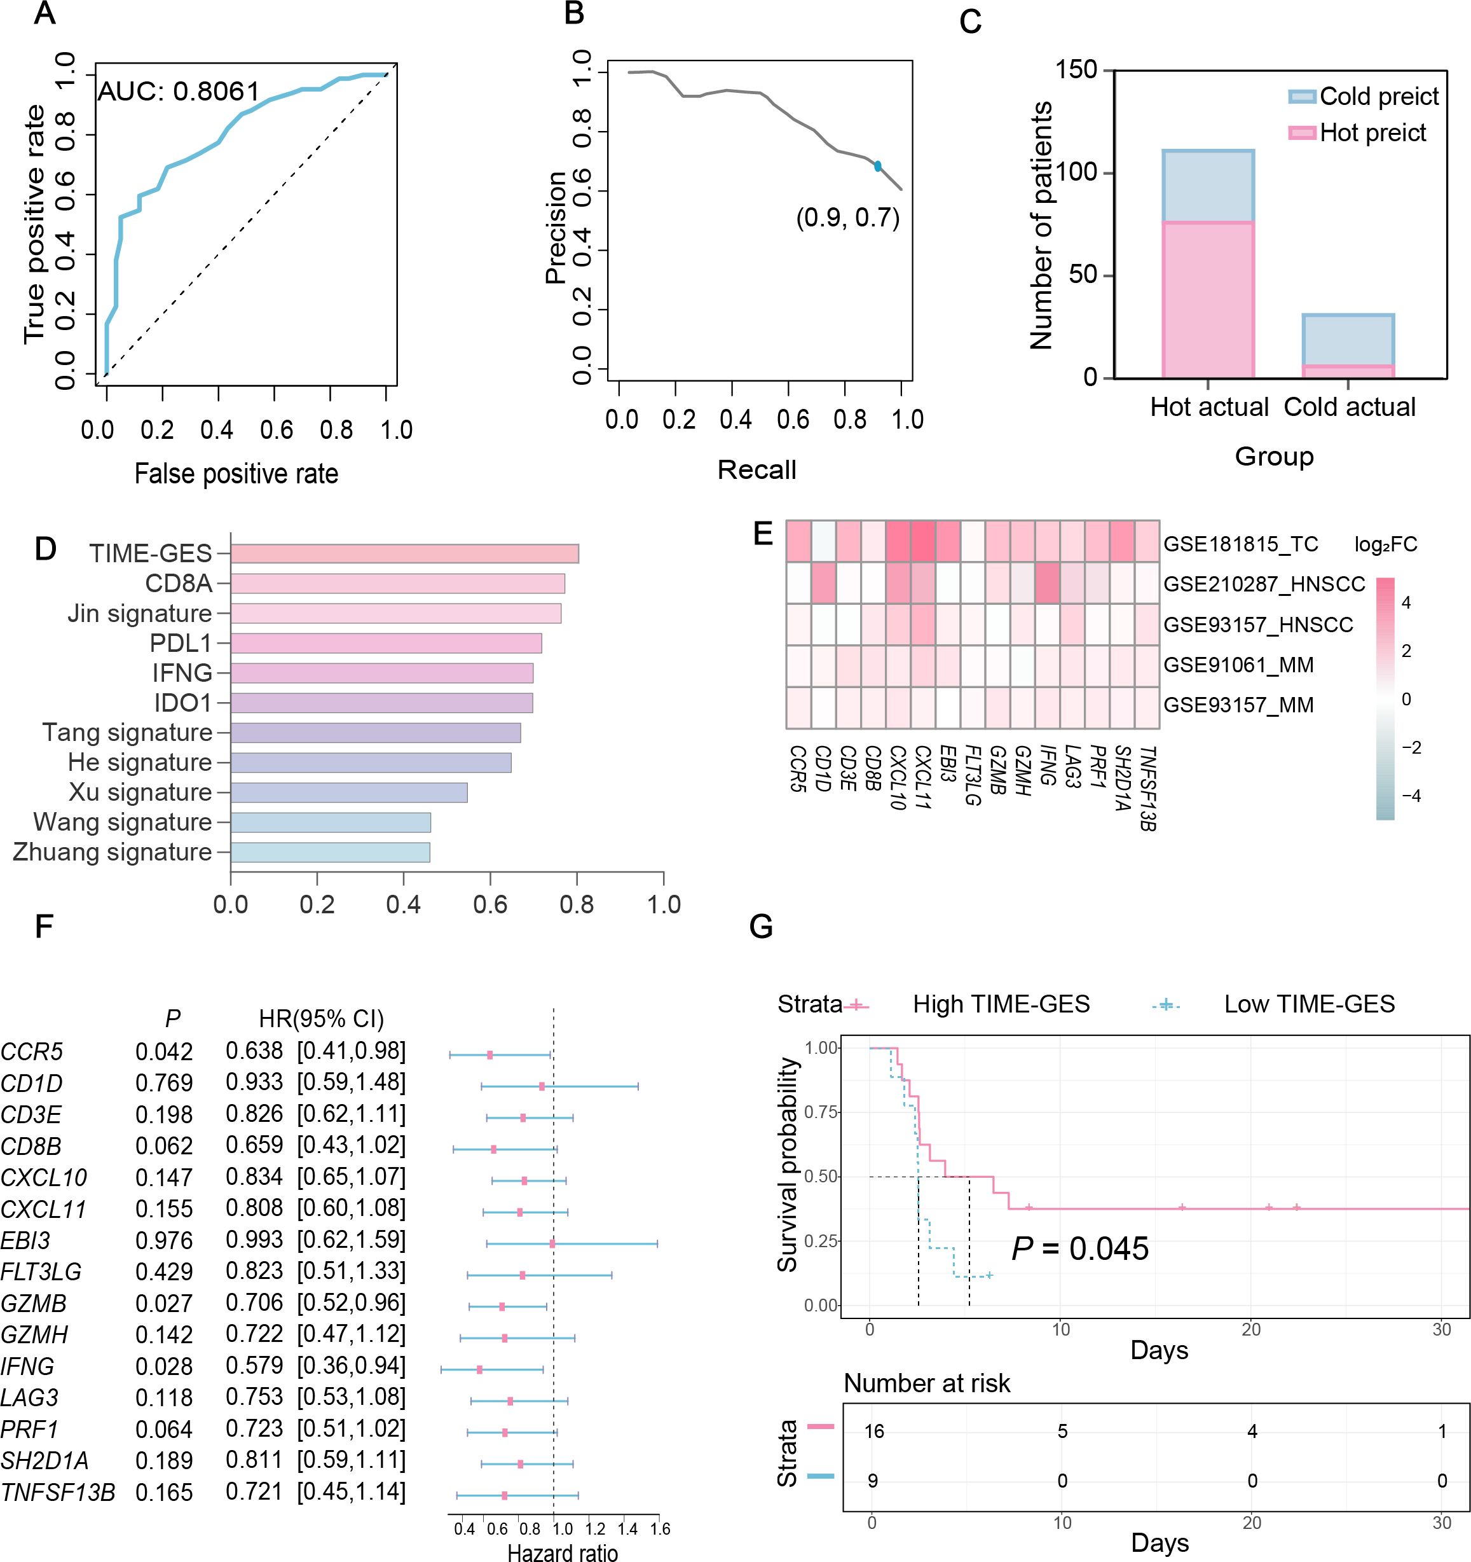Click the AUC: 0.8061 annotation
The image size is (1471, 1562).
(x=177, y=92)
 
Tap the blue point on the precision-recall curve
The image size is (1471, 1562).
(x=877, y=166)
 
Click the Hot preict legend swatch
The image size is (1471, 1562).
(x=1301, y=133)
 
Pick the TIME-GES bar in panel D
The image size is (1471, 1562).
(x=404, y=553)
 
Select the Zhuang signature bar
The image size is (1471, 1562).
(x=330, y=852)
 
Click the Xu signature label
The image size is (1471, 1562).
(x=140, y=792)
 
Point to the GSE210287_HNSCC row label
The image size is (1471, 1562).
(x=1264, y=584)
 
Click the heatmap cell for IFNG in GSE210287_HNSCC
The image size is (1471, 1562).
(x=1048, y=584)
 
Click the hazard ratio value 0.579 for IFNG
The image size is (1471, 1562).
(x=254, y=1365)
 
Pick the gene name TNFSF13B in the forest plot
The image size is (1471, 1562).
(x=57, y=1491)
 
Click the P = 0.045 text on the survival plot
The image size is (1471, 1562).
(x=1080, y=1248)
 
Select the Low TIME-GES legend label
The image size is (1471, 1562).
(x=1309, y=1004)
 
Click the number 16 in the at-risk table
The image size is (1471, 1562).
(x=873, y=1432)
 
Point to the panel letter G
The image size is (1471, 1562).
(x=762, y=927)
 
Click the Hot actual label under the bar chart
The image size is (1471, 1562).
(x=1208, y=407)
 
